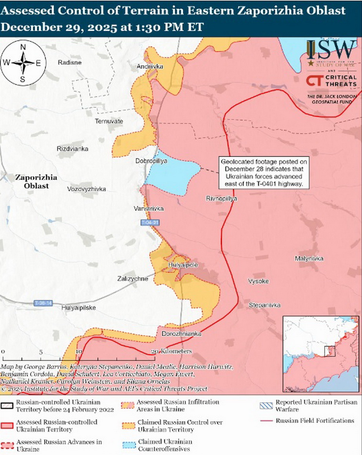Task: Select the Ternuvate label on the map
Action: point(109,121)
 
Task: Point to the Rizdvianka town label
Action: point(73,149)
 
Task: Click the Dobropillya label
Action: point(151,161)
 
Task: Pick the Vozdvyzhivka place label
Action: point(87,189)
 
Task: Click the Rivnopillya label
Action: point(221,199)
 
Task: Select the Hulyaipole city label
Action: point(183,266)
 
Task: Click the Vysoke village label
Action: point(258,281)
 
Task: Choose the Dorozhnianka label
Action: point(181,334)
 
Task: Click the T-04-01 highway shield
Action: point(151,223)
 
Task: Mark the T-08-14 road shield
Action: point(43,303)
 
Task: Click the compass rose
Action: point(23,63)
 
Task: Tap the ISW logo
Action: point(331,49)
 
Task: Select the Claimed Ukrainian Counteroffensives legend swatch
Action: point(129,445)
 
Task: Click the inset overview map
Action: point(321,353)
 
